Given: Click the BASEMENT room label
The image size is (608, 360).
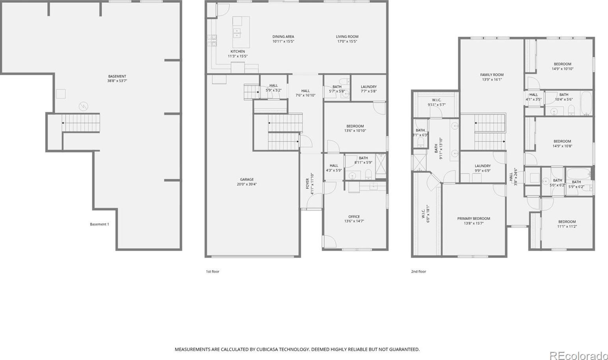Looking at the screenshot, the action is coord(117,76).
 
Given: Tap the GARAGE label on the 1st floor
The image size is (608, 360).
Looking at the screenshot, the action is coord(247,179).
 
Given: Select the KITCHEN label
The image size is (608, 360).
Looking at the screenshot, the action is coord(238,52).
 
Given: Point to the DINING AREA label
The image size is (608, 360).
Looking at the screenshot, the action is coord(283,37).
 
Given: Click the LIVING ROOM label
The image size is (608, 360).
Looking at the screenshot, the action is coord(347,37).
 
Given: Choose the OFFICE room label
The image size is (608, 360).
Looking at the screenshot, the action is coord(354,216).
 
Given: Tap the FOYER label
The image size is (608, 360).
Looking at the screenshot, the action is coord(308,183).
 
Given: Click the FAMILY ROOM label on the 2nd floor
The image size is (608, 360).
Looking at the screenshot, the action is coord(492,75).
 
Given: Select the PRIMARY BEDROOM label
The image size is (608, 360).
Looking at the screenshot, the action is coord(474,218).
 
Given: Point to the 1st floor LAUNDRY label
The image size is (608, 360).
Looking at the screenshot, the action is coord(369,87).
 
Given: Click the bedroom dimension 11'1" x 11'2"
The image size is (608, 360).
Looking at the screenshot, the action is coord(567,226).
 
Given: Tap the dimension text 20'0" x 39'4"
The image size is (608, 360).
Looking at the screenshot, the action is coord(247,185).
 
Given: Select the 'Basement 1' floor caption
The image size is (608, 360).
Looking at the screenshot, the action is coord(99,224).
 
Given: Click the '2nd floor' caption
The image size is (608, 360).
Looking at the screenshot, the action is coord(419,272).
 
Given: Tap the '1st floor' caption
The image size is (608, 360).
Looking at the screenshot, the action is coord(213,272).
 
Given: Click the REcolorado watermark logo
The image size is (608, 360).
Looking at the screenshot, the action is coord(578,355).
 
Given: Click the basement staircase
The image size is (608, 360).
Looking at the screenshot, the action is coord(80,123).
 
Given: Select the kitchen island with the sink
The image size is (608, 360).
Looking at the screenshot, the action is coord(241,32).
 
